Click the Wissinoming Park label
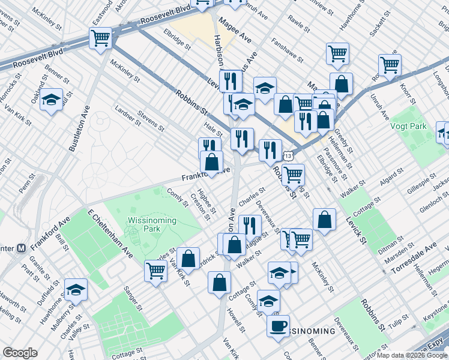(x=151, y=225)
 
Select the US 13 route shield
(x=289, y=155)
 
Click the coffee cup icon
(x=278, y=326)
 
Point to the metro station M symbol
(x=21, y=247)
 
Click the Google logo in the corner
(x=20, y=352)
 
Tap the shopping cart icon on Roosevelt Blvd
(x=100, y=39)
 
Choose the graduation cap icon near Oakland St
(x=52, y=100)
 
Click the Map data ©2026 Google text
(x=412, y=355)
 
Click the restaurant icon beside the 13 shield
(x=271, y=149)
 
